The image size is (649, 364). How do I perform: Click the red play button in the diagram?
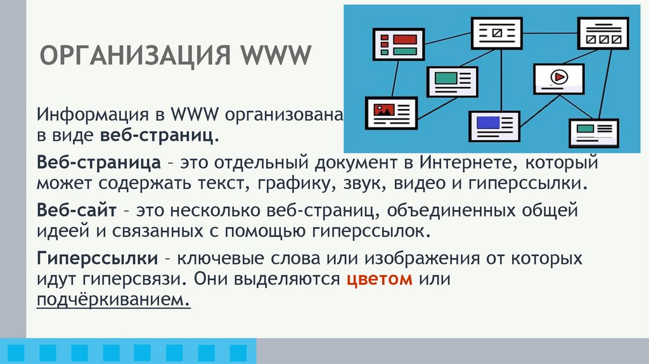pyautogui.click(x=558, y=77)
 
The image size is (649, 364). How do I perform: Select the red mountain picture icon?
pyautogui.click(x=383, y=108)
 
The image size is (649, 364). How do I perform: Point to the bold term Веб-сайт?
pyautogui.click(x=76, y=210)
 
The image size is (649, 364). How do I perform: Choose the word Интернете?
pyautogui.click(x=458, y=164)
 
